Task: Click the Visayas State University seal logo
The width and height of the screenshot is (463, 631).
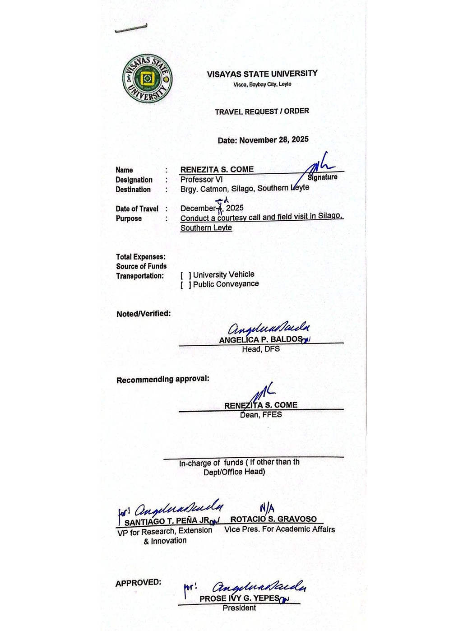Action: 147,79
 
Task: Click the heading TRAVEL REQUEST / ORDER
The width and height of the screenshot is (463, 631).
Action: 262,111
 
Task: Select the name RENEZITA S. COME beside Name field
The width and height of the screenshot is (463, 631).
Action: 217,169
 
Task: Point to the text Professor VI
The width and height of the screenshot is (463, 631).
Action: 201,179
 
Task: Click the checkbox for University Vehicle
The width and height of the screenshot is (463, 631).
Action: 186,275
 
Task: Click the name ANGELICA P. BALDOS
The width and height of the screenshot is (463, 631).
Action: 261,339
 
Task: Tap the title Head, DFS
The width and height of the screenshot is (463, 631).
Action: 261,349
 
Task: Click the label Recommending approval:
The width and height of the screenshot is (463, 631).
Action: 163,379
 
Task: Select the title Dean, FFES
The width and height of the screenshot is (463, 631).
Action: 261,414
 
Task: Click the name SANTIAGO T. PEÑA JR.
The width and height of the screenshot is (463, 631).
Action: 167,522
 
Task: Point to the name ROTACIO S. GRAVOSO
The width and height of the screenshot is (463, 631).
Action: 273,519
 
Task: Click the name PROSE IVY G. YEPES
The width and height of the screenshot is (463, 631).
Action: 240,598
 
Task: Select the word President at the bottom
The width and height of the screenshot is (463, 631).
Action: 239,608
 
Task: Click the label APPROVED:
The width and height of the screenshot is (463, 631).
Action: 138,583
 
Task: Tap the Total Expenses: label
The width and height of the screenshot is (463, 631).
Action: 141,257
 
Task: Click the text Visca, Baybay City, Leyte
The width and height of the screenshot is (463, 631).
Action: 262,84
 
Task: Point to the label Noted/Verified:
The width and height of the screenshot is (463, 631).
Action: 144,314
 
